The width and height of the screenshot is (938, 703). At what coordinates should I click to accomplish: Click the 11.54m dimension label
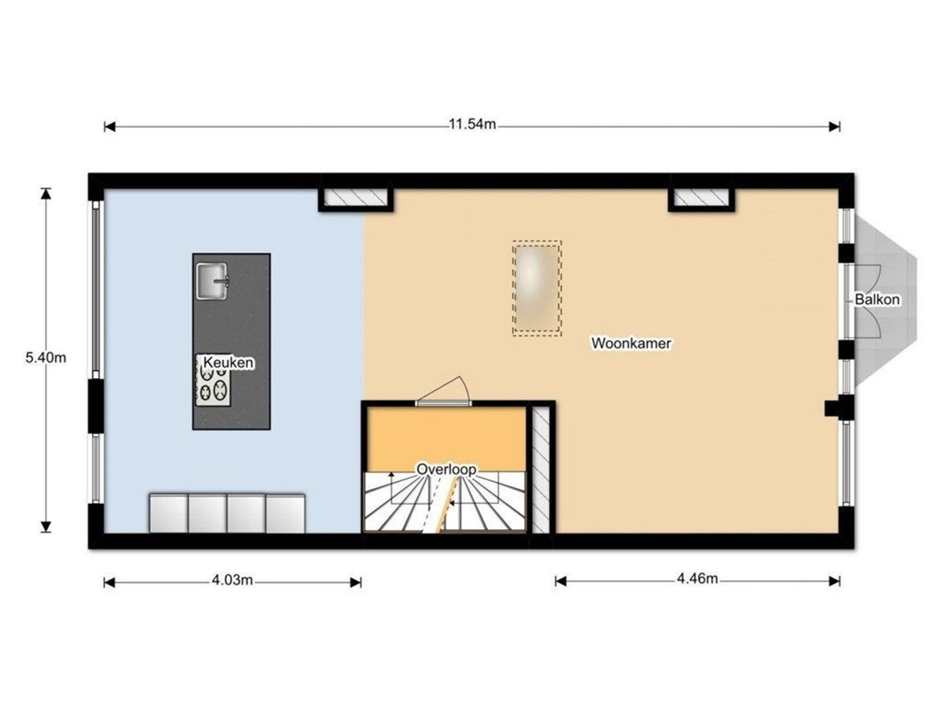point(472,124)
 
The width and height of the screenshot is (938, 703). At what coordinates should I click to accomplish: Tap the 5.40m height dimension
point(46,358)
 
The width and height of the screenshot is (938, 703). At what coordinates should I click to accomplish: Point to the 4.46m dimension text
point(697,579)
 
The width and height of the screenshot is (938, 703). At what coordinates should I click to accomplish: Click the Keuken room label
point(228,362)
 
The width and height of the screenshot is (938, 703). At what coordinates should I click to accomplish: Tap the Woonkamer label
point(631,343)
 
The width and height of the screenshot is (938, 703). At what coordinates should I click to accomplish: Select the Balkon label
point(877,299)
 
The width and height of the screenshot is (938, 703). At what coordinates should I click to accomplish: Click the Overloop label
point(446,469)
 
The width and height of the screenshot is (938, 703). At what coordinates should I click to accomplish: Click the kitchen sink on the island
point(212,281)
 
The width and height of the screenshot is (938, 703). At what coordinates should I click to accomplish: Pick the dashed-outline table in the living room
point(537,288)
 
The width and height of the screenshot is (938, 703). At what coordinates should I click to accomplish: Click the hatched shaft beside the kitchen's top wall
point(356,197)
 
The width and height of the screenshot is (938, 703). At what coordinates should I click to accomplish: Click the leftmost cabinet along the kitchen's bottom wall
point(168,514)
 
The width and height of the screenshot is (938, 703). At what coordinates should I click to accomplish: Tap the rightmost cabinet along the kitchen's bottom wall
point(285,514)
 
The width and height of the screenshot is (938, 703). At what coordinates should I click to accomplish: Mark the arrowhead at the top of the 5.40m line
point(46,193)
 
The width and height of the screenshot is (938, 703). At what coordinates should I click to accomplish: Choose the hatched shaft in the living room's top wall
point(702,197)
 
